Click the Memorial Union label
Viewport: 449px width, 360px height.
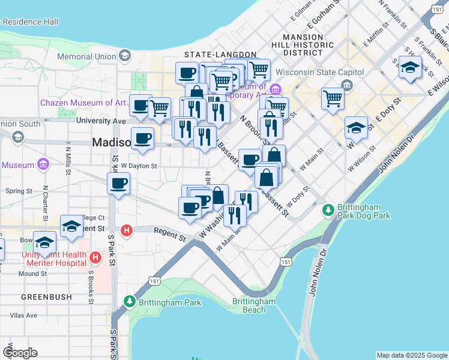point(86,56)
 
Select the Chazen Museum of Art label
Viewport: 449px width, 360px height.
point(83,103)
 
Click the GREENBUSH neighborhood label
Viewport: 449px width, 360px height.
point(47,296)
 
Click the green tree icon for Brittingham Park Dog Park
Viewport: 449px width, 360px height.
point(328,210)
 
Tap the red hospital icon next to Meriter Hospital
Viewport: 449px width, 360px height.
point(95,258)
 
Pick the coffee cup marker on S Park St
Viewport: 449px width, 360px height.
point(118,182)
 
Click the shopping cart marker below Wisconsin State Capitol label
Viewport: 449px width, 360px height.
point(332,98)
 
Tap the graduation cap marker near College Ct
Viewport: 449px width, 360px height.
point(71,226)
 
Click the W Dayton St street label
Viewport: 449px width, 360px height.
point(139,166)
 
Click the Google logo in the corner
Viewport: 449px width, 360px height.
point(20,353)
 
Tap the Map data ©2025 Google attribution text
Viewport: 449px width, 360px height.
point(411,355)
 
